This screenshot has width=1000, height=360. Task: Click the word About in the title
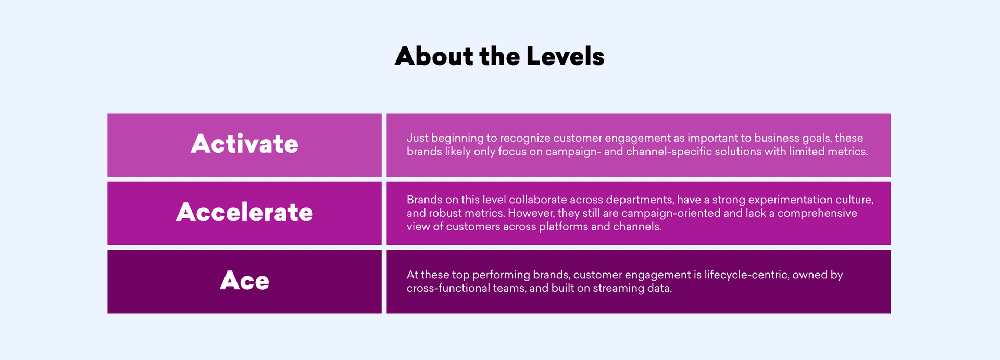pos(434,56)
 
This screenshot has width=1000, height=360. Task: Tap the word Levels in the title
pos(565,56)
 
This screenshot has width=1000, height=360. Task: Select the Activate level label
pos(244,144)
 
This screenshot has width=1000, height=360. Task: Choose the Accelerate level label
pos(244,212)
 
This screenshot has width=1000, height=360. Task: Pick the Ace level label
pos(244,281)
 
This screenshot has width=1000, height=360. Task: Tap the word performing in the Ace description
pos(501,275)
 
